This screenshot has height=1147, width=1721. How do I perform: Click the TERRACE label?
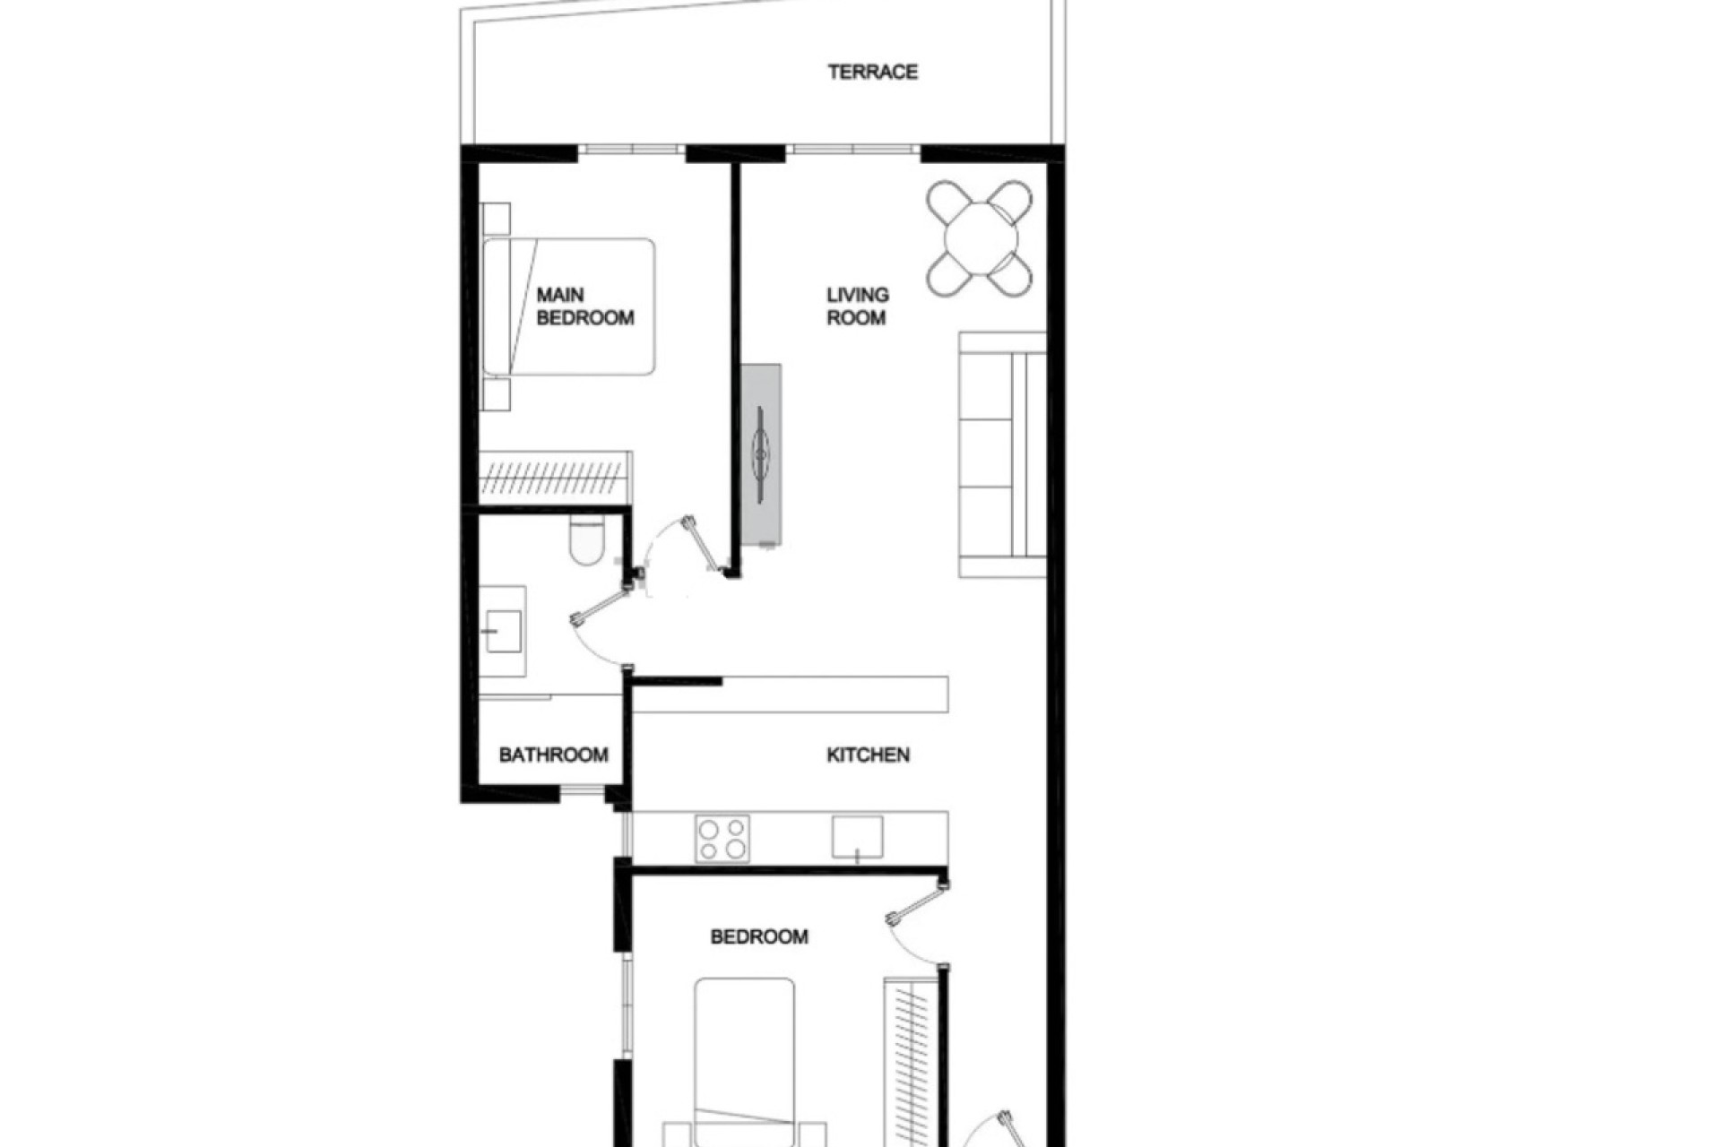872,72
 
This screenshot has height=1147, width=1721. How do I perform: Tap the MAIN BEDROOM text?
584,306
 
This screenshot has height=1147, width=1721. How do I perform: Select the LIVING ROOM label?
857,306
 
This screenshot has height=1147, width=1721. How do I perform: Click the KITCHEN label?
868,755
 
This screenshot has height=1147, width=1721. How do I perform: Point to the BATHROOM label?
553,755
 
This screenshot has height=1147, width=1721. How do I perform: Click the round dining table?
981,238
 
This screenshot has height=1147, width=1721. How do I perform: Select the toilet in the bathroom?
587,541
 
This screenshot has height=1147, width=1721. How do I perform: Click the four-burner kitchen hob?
722,839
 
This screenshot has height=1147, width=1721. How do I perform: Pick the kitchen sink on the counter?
857,837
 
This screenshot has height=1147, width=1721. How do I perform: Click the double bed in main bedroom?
569,306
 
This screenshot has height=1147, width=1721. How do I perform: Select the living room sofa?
1002,454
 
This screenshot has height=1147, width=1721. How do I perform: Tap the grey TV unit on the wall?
761,454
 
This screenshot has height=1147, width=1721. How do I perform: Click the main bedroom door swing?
690,547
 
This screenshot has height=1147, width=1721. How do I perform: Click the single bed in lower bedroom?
744,1057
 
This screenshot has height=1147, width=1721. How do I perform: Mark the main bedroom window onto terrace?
631,150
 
